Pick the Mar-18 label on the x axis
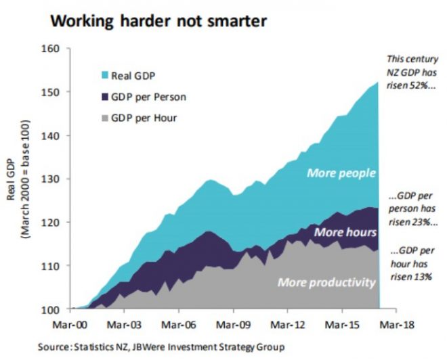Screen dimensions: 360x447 [398, 325]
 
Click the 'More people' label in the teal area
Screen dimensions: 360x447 [341, 173]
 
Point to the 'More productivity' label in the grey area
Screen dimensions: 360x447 [326, 282]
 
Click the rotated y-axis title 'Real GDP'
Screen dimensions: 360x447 [13, 179]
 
